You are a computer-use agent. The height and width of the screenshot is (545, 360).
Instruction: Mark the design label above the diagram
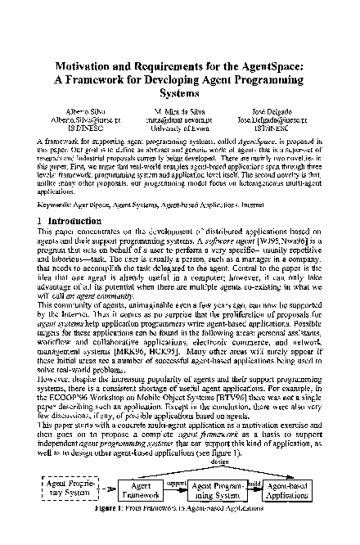tap(218, 462)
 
